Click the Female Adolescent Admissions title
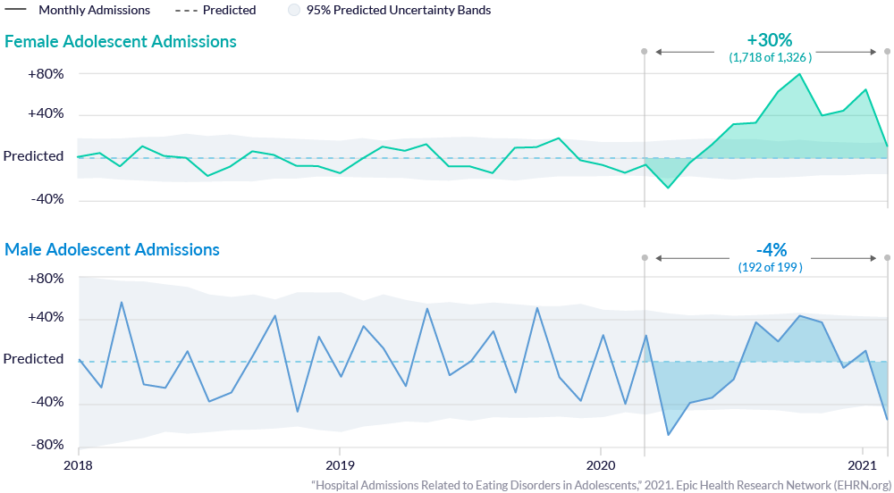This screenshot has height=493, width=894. [121, 42]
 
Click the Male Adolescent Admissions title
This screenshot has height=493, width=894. [113, 249]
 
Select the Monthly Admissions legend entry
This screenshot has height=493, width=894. [94, 11]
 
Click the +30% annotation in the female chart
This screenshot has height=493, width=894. [769, 40]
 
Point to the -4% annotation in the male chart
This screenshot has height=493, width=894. [770, 249]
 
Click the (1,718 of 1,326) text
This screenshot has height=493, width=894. [770, 57]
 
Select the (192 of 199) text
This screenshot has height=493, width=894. [770, 266]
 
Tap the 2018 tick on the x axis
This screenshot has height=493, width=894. [79, 464]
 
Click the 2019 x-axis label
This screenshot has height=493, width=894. [339, 464]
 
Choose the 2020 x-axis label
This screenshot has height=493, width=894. [600, 464]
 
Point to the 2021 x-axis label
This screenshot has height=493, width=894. [862, 464]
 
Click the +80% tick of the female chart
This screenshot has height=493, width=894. [46, 73]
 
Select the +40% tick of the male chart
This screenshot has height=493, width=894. [46, 318]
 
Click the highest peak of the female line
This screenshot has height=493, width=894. [800, 74]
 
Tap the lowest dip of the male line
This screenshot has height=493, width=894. [668, 435]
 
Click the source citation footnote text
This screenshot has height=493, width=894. [601, 484]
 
